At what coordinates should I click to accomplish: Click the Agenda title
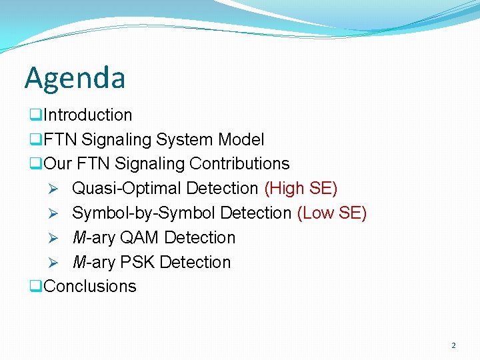(x=75, y=78)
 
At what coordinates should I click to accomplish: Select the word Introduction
(x=87, y=115)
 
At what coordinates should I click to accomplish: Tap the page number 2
(x=453, y=345)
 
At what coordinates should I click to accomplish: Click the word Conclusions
(x=89, y=287)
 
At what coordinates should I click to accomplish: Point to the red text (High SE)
(x=301, y=189)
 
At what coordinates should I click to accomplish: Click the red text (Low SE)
(x=331, y=213)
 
